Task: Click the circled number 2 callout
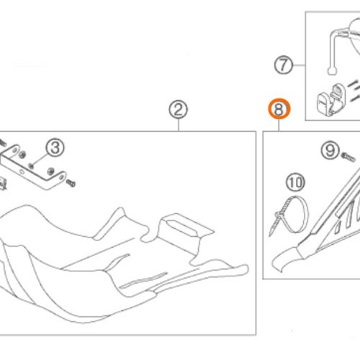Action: point(179,109)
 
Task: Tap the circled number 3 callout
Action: point(55,148)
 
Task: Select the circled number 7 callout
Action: point(284,65)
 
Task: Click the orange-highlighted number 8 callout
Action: point(279,109)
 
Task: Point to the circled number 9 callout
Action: point(330,150)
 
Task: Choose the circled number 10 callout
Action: point(295,182)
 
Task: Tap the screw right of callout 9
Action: point(348,157)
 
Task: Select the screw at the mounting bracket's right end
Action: point(71,183)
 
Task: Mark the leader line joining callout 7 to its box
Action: point(299,65)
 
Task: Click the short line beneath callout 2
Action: point(179,125)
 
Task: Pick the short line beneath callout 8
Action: point(279,125)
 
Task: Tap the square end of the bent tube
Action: point(332,71)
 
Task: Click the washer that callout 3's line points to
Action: point(31,166)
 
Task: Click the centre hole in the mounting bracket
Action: point(22,171)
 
